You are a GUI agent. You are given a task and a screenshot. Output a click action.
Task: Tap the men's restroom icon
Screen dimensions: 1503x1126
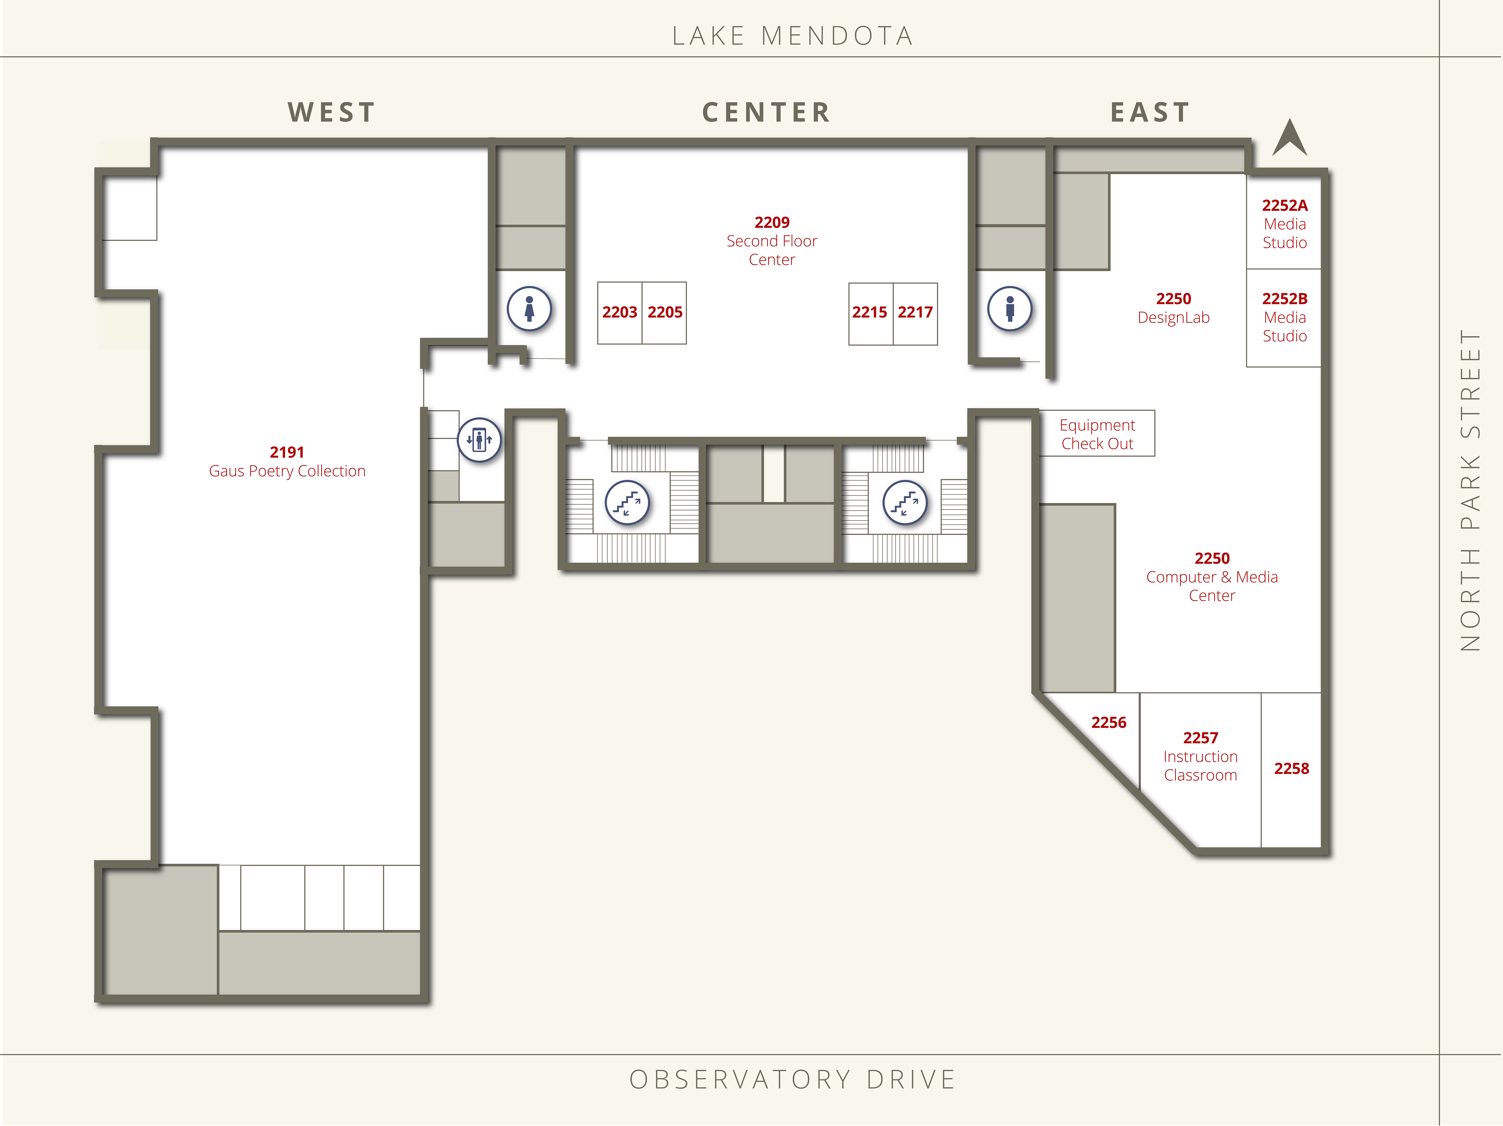(1010, 309)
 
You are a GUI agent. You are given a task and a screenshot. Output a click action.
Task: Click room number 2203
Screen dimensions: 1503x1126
(620, 313)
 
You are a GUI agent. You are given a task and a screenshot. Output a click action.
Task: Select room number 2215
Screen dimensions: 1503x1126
(870, 313)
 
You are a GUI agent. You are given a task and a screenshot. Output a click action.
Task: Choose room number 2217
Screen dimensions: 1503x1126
(915, 313)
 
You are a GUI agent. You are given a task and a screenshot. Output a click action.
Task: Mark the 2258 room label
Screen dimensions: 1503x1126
(1292, 769)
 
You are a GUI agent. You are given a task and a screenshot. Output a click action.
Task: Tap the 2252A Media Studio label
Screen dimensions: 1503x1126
(1285, 223)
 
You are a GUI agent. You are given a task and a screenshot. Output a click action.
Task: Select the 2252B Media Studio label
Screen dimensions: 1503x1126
(1285, 317)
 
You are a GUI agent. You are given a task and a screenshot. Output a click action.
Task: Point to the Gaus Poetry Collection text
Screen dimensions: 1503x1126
(287, 471)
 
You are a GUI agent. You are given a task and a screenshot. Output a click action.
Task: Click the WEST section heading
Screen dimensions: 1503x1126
(332, 112)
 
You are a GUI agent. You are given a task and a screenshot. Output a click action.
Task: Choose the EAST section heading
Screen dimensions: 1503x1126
(1150, 112)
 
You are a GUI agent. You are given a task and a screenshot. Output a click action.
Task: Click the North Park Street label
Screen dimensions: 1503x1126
(1470, 491)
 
